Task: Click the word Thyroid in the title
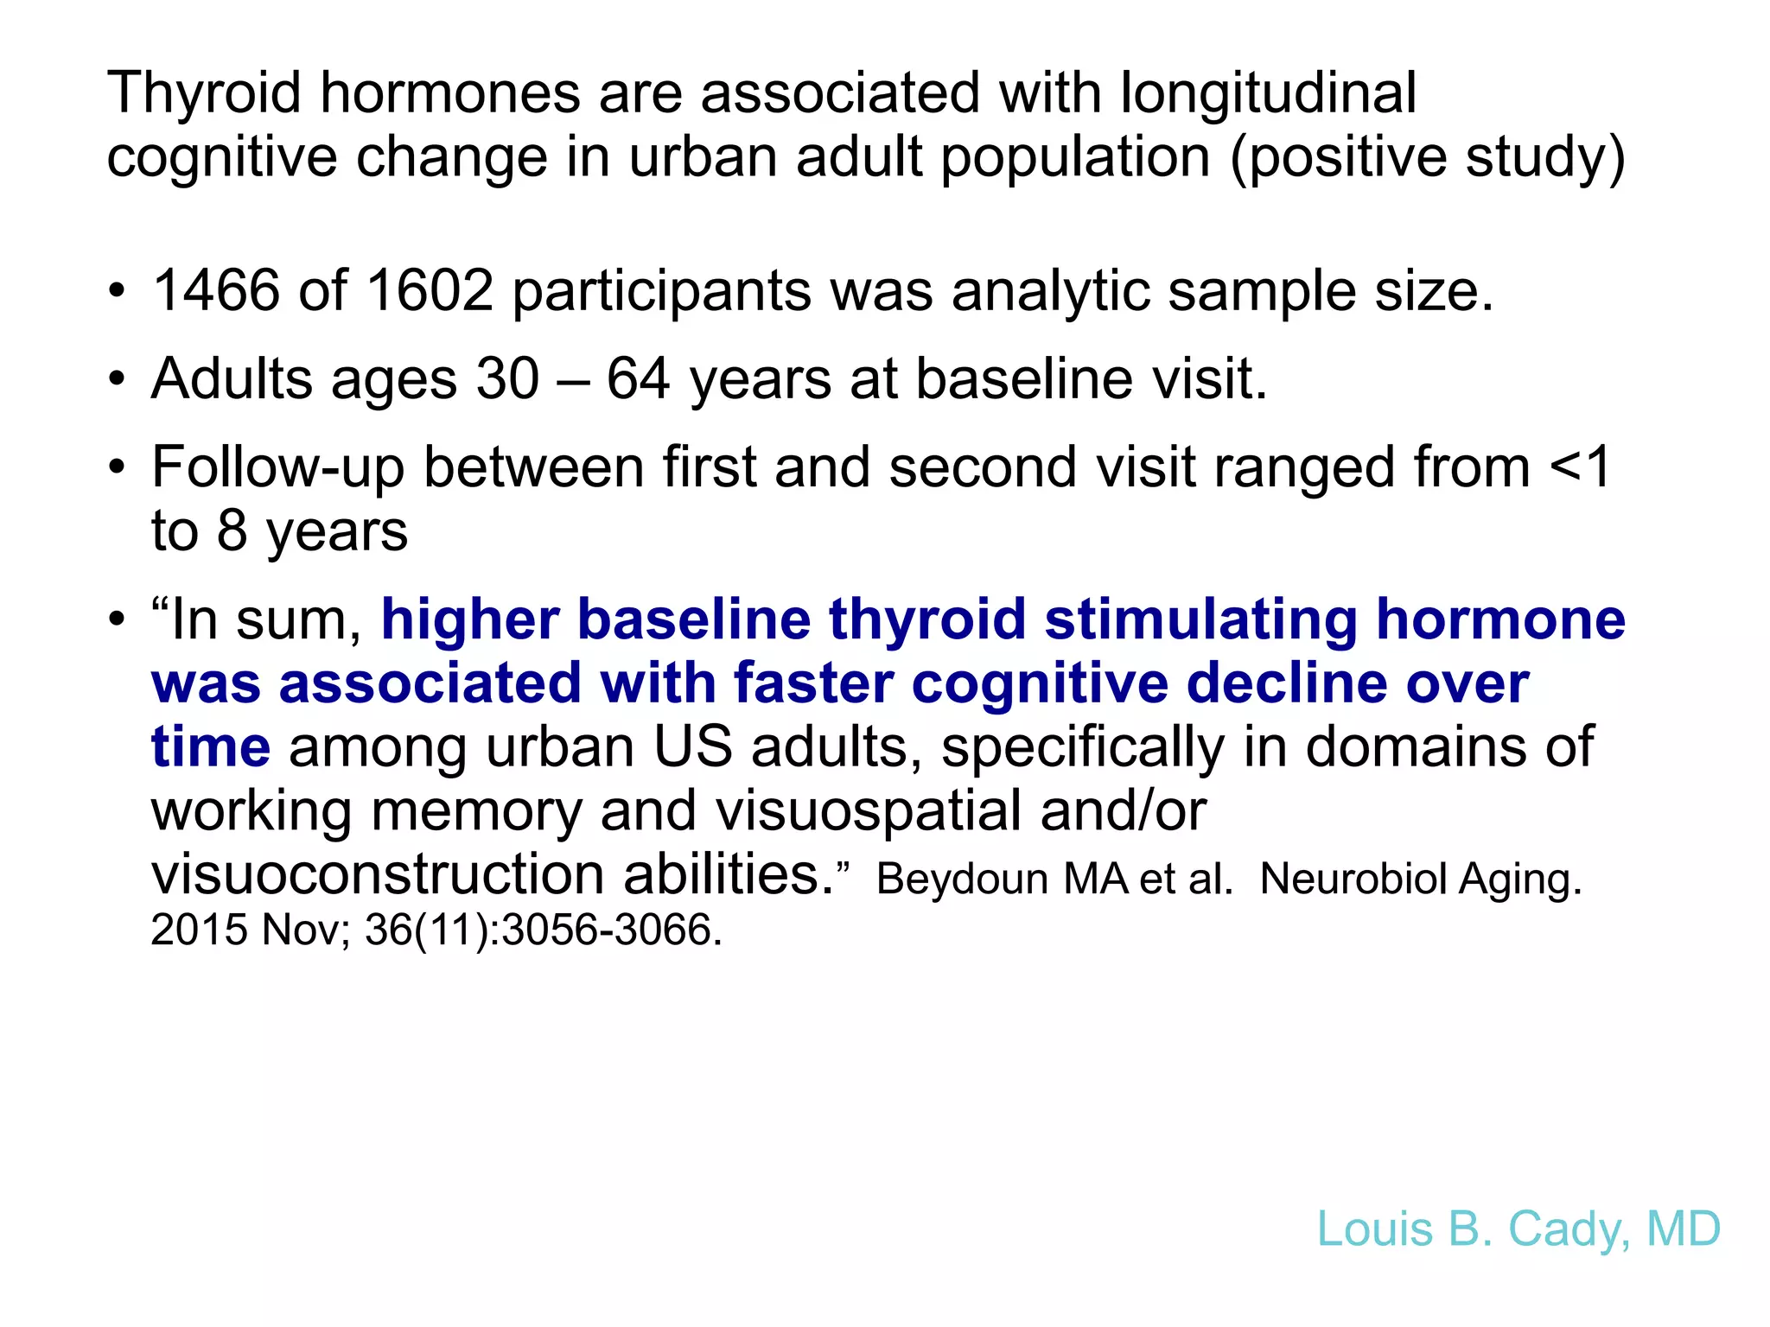(204, 93)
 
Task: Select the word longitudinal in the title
(1268, 93)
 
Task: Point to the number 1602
(430, 290)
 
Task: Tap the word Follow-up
(277, 469)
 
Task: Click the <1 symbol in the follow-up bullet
(1581, 467)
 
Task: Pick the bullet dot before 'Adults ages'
(117, 379)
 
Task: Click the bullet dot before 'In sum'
(117, 620)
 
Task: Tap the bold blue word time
(211, 747)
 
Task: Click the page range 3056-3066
(611, 930)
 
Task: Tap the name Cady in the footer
(1563, 1229)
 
